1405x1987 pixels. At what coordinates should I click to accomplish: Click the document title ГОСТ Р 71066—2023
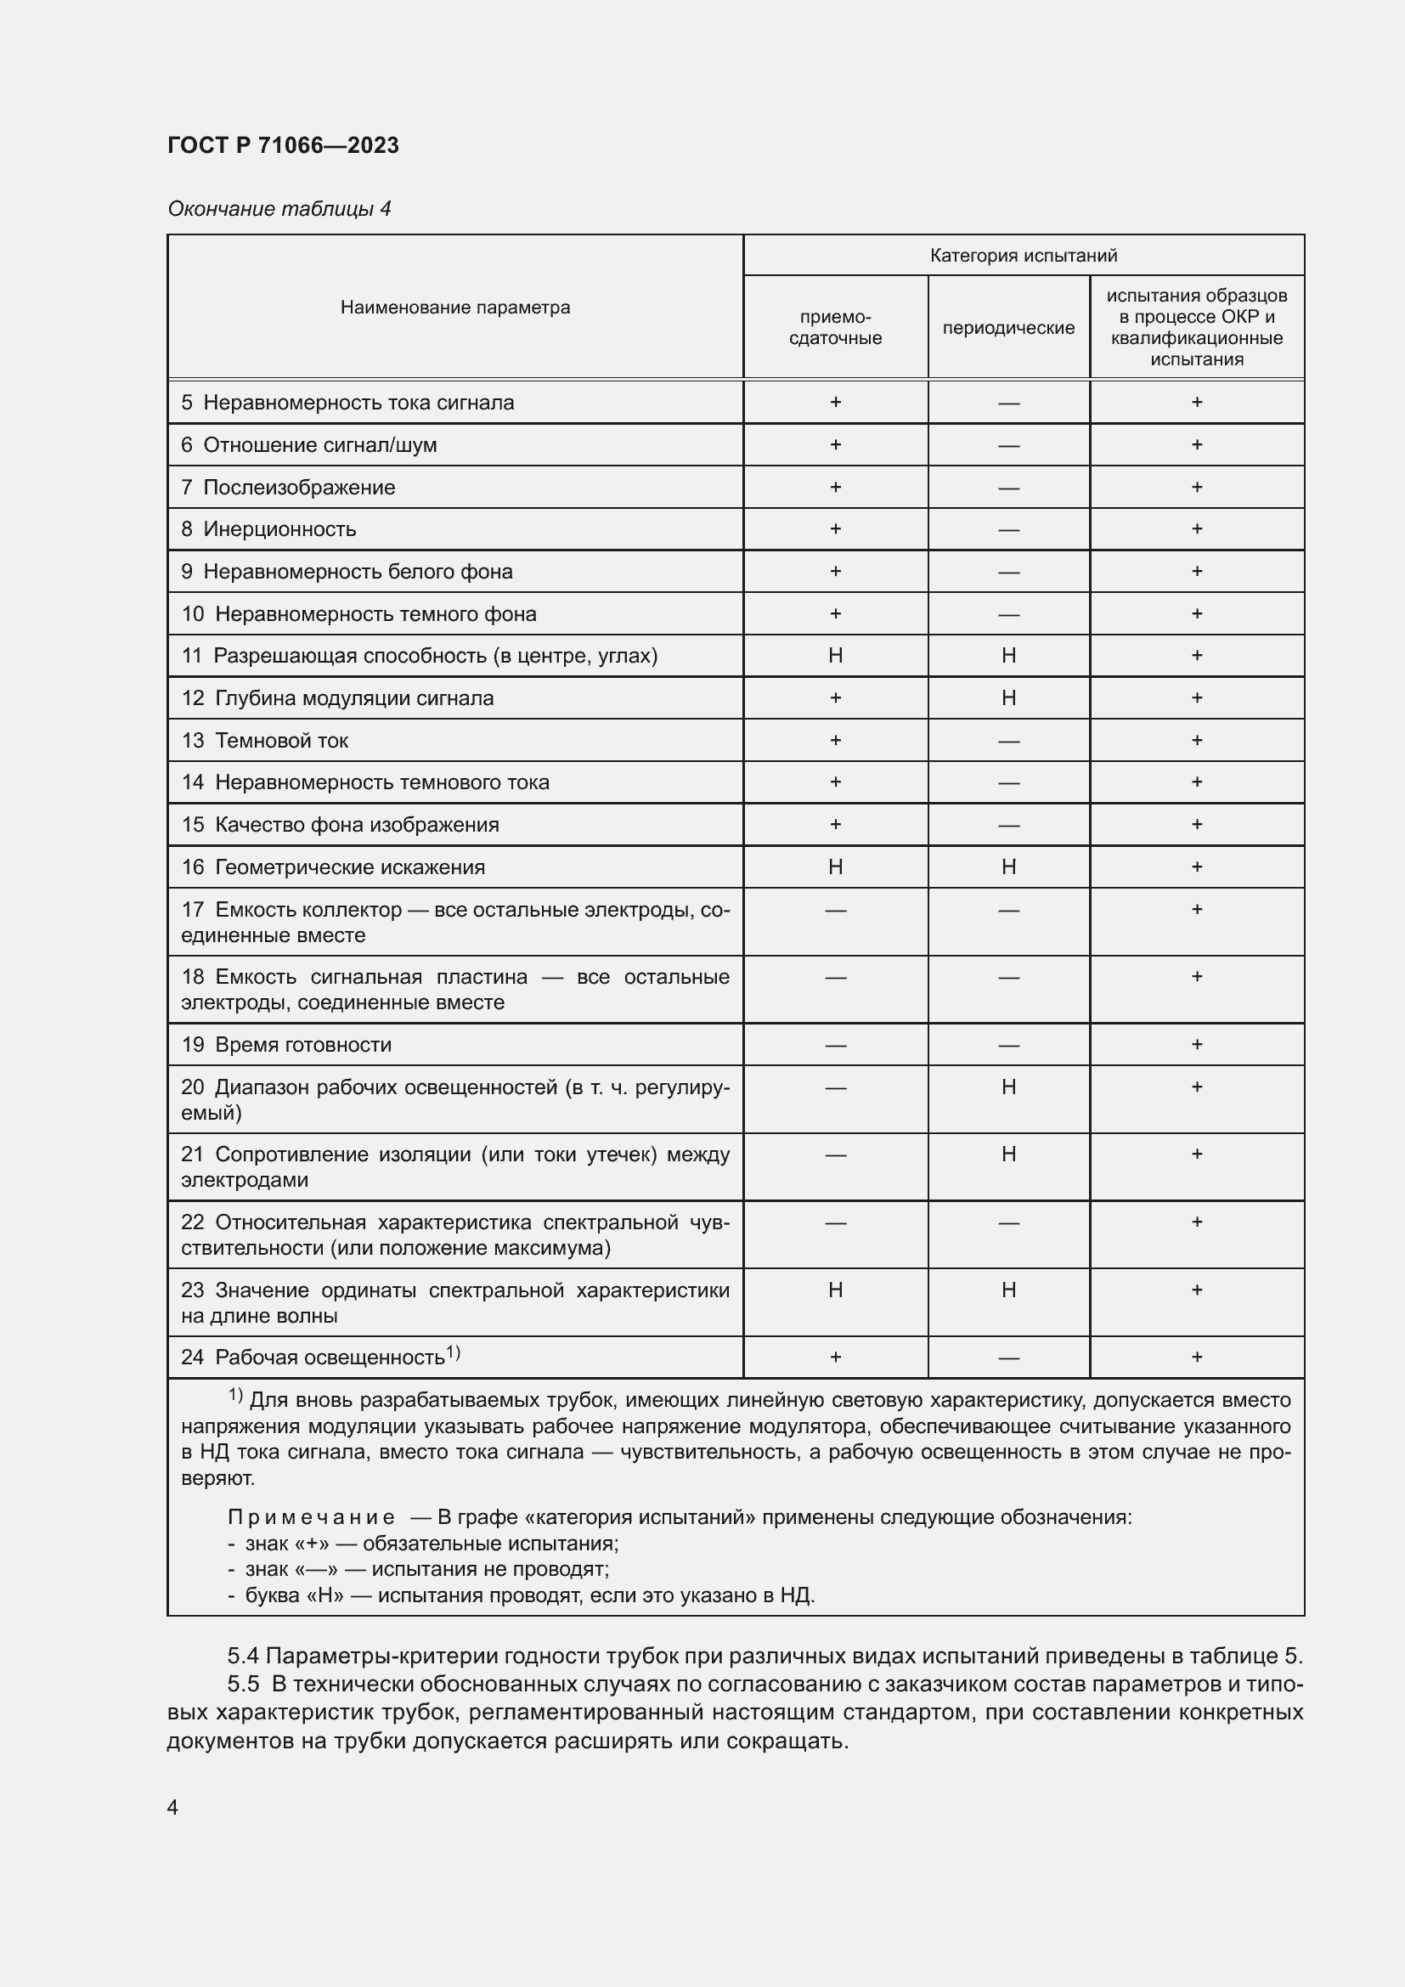(x=283, y=144)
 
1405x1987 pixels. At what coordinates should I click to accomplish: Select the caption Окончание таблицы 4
(x=279, y=209)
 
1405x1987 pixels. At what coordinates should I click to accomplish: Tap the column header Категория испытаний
(x=1023, y=256)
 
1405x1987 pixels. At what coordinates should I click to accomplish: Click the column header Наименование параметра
(x=455, y=308)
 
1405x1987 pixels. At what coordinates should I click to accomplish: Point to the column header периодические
(x=1008, y=328)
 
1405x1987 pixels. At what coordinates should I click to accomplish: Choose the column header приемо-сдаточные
(x=835, y=328)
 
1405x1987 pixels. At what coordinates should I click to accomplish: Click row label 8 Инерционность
(x=269, y=528)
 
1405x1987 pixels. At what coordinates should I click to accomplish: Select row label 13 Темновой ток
(x=265, y=740)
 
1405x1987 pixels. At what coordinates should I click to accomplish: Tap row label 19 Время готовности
(x=286, y=1045)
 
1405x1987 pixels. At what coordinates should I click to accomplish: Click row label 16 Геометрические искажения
(x=333, y=867)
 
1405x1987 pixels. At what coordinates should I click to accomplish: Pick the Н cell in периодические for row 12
(x=1008, y=697)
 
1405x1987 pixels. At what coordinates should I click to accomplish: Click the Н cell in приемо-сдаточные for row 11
(x=835, y=655)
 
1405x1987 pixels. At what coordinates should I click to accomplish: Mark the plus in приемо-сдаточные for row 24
(x=835, y=1357)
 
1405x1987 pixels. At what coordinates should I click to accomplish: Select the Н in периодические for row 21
(x=1008, y=1154)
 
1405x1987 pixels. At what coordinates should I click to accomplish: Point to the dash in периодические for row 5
(x=1008, y=403)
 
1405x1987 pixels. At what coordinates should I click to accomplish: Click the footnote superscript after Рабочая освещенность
(x=454, y=1352)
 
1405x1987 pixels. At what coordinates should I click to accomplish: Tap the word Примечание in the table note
(x=311, y=1517)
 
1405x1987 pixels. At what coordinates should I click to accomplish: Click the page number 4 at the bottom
(x=172, y=1807)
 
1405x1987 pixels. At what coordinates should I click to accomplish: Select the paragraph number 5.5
(x=243, y=1683)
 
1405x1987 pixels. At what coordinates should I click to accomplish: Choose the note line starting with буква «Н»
(x=521, y=1595)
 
